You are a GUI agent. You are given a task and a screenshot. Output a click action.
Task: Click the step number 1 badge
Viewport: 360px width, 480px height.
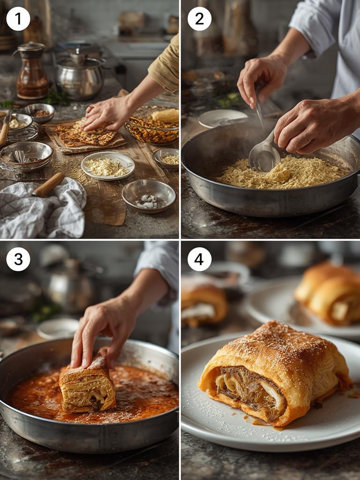pyautogui.click(x=18, y=19)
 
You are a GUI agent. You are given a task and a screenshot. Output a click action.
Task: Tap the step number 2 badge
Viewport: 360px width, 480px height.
pyautogui.click(x=199, y=19)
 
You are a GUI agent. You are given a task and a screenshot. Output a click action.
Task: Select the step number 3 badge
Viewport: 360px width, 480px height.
pyautogui.click(x=18, y=259)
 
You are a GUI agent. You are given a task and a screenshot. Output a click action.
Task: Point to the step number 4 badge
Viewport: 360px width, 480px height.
pyautogui.click(x=199, y=259)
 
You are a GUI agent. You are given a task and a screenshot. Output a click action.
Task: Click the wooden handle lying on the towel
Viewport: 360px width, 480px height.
pyautogui.click(x=48, y=185)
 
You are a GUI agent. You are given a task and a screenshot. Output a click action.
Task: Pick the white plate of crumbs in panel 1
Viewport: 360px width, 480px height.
pyautogui.click(x=108, y=165)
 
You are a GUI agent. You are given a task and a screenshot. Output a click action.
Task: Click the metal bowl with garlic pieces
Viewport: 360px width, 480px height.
pyautogui.click(x=149, y=196)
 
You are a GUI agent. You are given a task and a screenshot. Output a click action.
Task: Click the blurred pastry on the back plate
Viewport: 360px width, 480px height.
pyautogui.click(x=328, y=294)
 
